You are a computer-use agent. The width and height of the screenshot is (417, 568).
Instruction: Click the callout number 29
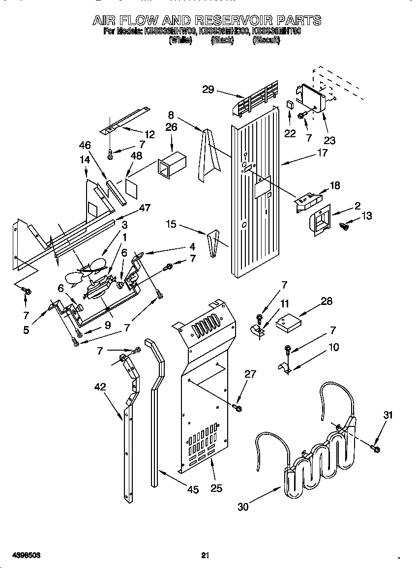208,89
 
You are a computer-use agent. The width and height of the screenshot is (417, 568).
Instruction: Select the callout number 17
322,153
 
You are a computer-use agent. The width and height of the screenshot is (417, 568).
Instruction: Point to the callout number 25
216,488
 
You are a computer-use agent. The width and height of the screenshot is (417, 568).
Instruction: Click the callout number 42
100,387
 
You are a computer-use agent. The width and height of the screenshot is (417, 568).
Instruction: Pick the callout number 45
193,489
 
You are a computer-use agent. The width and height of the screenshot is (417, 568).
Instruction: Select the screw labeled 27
238,408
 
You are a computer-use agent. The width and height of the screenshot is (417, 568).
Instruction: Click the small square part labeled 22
290,105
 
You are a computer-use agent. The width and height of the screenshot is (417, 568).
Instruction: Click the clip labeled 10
286,368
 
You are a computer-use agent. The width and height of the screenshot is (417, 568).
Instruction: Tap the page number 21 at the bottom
206,555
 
